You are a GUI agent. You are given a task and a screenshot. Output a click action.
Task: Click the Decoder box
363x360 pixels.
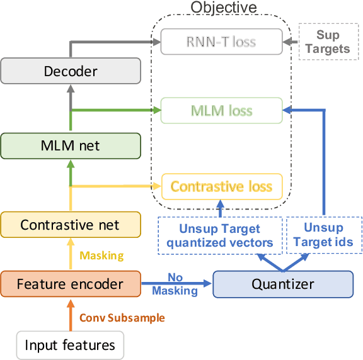[70, 71]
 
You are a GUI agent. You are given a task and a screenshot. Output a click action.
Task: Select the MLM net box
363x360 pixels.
[70, 146]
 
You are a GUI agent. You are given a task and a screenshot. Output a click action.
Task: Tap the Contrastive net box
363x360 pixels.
[70, 225]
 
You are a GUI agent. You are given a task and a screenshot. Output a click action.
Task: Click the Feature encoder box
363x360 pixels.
[70, 284]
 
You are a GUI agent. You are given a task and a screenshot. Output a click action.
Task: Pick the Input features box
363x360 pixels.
[70, 344]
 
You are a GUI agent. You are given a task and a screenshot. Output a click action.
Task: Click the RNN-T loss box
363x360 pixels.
[221, 43]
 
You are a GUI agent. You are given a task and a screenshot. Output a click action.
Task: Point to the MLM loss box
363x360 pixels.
[221, 111]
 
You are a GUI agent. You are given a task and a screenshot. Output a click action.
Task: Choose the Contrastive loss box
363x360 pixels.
[221, 186]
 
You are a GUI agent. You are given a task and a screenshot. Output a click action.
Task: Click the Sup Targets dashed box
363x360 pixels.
[323, 42]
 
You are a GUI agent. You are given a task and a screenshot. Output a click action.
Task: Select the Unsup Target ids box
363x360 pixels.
[323, 235]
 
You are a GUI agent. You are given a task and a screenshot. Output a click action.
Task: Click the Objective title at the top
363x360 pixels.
[224, 8]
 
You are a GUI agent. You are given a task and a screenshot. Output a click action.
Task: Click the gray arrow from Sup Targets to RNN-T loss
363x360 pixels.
[292, 43]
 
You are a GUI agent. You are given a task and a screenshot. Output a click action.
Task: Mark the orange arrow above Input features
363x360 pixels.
[71, 315]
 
